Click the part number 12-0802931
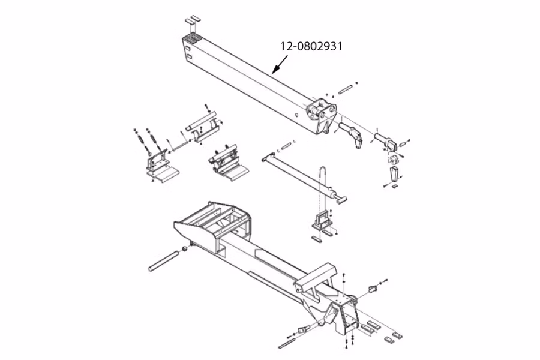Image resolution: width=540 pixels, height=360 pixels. [311, 46]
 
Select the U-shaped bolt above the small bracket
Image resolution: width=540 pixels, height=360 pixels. [324, 190]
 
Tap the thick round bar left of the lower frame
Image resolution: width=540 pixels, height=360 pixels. [164, 261]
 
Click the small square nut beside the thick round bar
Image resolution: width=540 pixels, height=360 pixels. [185, 248]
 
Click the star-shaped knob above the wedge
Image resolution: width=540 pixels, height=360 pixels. [394, 160]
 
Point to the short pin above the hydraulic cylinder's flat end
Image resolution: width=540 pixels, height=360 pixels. [286, 146]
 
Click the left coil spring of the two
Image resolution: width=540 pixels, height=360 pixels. [140, 140]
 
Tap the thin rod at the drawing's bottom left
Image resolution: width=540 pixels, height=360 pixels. [287, 343]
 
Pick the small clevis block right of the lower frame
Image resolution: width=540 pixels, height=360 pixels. [373, 289]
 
